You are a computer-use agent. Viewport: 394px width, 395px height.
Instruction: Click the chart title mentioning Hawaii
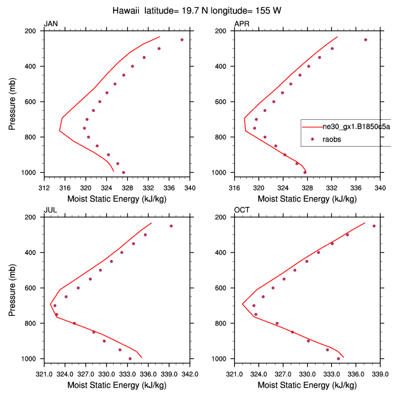197,10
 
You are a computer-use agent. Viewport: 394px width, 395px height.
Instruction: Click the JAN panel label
50,24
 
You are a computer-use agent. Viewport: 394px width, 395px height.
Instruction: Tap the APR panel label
241,24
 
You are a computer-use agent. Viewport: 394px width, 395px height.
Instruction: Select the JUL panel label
49,211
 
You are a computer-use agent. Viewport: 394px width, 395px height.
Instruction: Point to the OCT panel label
241,211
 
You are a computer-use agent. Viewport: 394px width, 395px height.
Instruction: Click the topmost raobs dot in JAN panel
182,40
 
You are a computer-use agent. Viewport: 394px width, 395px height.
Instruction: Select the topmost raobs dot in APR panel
365,40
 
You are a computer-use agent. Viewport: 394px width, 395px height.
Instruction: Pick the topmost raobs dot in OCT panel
374,226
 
